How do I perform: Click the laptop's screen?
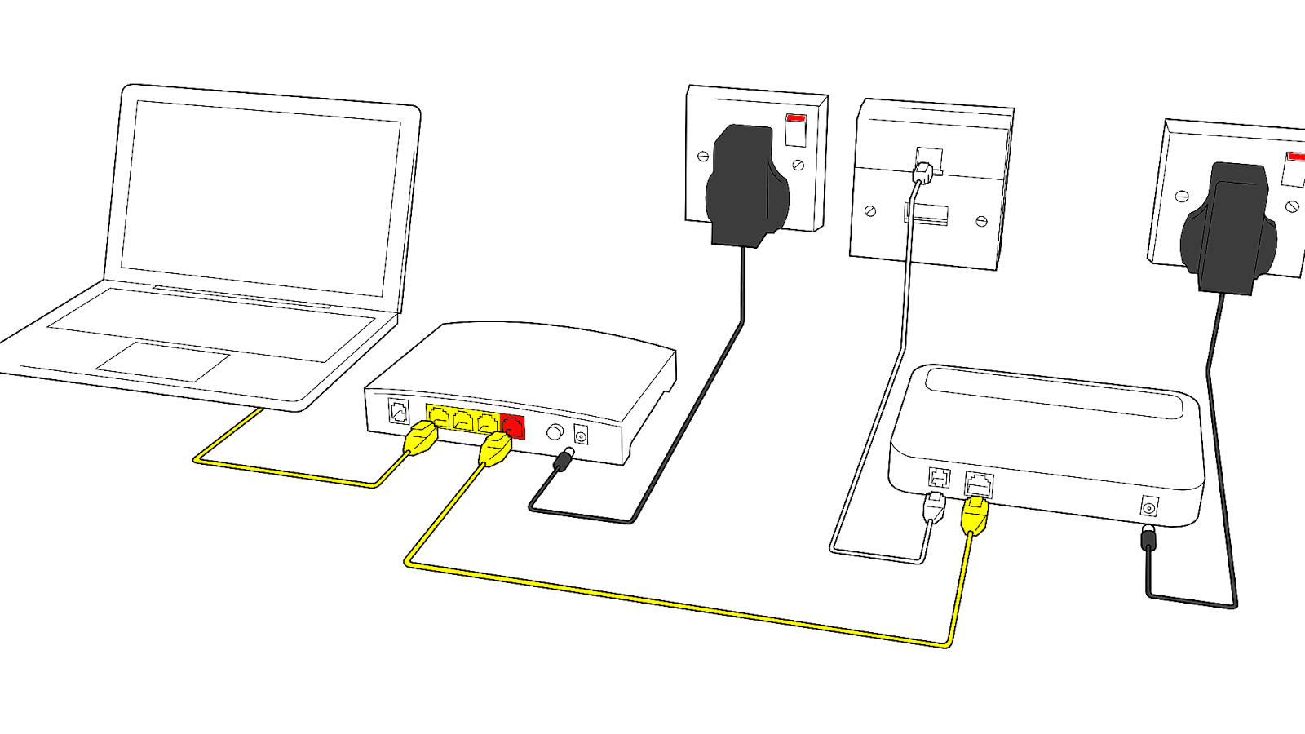(261, 196)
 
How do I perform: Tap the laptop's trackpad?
(163, 361)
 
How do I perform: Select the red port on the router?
(512, 427)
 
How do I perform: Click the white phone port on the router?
(399, 411)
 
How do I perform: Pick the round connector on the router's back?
(555, 432)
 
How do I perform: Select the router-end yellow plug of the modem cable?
(495, 448)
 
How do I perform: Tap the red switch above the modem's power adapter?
(1294, 157)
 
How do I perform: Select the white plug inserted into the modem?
(934, 507)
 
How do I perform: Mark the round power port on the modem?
(1149, 508)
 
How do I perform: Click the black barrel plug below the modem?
(1148, 538)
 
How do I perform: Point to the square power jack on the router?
(582, 436)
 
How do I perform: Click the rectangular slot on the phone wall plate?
(927, 214)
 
